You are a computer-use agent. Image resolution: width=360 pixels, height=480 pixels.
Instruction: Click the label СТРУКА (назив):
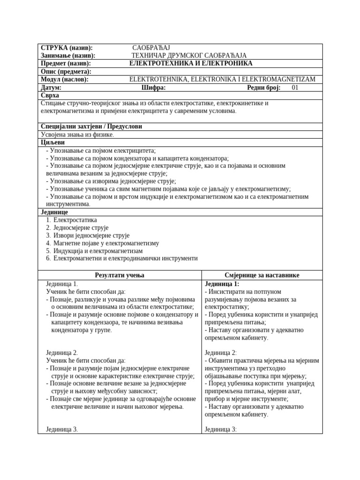[x=67, y=48]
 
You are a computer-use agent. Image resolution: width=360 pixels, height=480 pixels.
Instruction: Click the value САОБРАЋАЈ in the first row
[x=151, y=48]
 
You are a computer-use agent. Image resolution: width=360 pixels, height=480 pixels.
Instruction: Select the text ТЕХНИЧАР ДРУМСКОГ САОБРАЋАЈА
[x=189, y=55]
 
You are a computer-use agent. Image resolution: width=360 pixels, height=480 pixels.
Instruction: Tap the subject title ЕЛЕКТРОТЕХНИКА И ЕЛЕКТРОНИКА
[x=191, y=63]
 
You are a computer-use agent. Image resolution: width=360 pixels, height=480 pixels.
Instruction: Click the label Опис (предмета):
[x=66, y=71]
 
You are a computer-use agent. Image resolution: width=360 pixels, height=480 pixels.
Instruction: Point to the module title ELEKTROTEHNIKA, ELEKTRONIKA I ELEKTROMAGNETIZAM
[x=222, y=79]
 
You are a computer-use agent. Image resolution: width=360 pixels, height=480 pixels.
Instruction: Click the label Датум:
[x=51, y=87]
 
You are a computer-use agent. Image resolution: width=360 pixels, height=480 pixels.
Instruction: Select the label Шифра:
[x=153, y=87]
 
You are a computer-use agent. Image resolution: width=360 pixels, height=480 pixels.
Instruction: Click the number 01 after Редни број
[x=295, y=87]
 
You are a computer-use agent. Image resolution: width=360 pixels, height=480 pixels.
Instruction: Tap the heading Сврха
[x=50, y=95]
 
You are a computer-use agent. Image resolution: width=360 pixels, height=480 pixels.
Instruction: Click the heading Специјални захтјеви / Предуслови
[x=91, y=127]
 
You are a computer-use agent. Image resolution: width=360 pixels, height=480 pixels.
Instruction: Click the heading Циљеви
[x=53, y=142]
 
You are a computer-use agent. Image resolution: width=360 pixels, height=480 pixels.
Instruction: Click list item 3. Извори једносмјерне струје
[x=88, y=235]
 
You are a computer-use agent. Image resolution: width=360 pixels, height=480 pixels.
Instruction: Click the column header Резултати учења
[x=120, y=275]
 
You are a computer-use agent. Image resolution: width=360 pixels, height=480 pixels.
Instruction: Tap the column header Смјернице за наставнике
[x=262, y=275]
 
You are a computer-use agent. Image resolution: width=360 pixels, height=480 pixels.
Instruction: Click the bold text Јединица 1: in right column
[x=222, y=284]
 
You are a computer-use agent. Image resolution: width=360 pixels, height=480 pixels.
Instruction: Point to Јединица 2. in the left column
[x=62, y=352]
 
